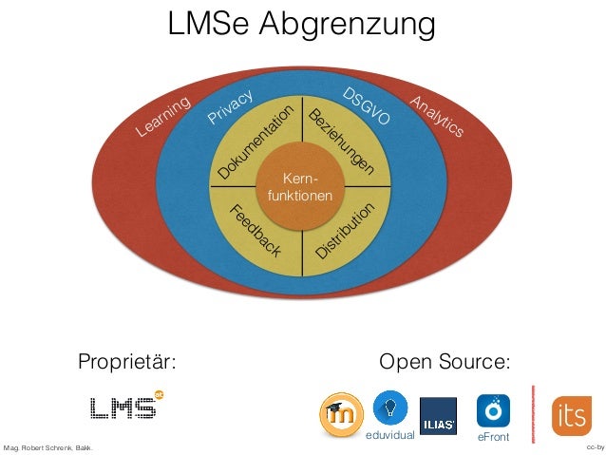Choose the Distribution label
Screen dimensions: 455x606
(x=346, y=230)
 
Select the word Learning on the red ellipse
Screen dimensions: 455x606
(x=162, y=120)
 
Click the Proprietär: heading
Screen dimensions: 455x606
(x=127, y=362)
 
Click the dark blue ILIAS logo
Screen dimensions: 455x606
(x=438, y=415)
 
